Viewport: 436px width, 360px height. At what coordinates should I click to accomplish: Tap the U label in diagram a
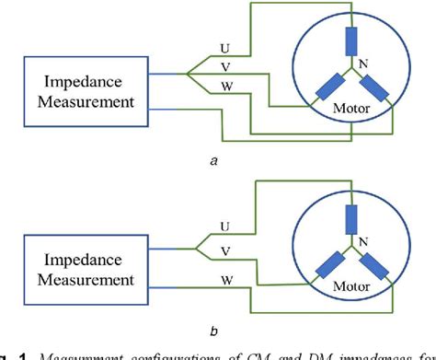(224, 47)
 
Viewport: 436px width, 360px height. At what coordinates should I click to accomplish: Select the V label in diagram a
(225, 67)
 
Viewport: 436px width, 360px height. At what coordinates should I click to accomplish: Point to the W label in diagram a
(225, 87)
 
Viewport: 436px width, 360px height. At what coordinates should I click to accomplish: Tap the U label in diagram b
(224, 225)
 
